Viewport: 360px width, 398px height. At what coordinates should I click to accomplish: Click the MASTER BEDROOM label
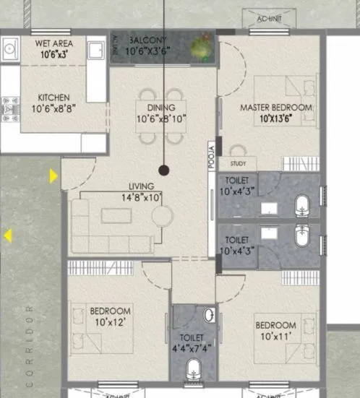tap(276, 108)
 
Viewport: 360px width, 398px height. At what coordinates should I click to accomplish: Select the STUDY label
tap(238, 164)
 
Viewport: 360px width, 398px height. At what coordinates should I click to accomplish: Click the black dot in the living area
tap(164, 171)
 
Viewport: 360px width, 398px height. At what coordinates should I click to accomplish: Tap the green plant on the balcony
tap(200, 48)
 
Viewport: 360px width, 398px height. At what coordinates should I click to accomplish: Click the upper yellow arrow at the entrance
tap(53, 176)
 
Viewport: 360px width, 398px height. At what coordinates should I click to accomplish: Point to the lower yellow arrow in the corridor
tap(7, 235)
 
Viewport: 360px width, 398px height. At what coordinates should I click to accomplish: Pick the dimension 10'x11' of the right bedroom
tap(275, 336)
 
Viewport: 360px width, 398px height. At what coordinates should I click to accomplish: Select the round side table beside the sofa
tap(163, 216)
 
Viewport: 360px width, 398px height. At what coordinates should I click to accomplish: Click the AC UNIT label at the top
tap(270, 18)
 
